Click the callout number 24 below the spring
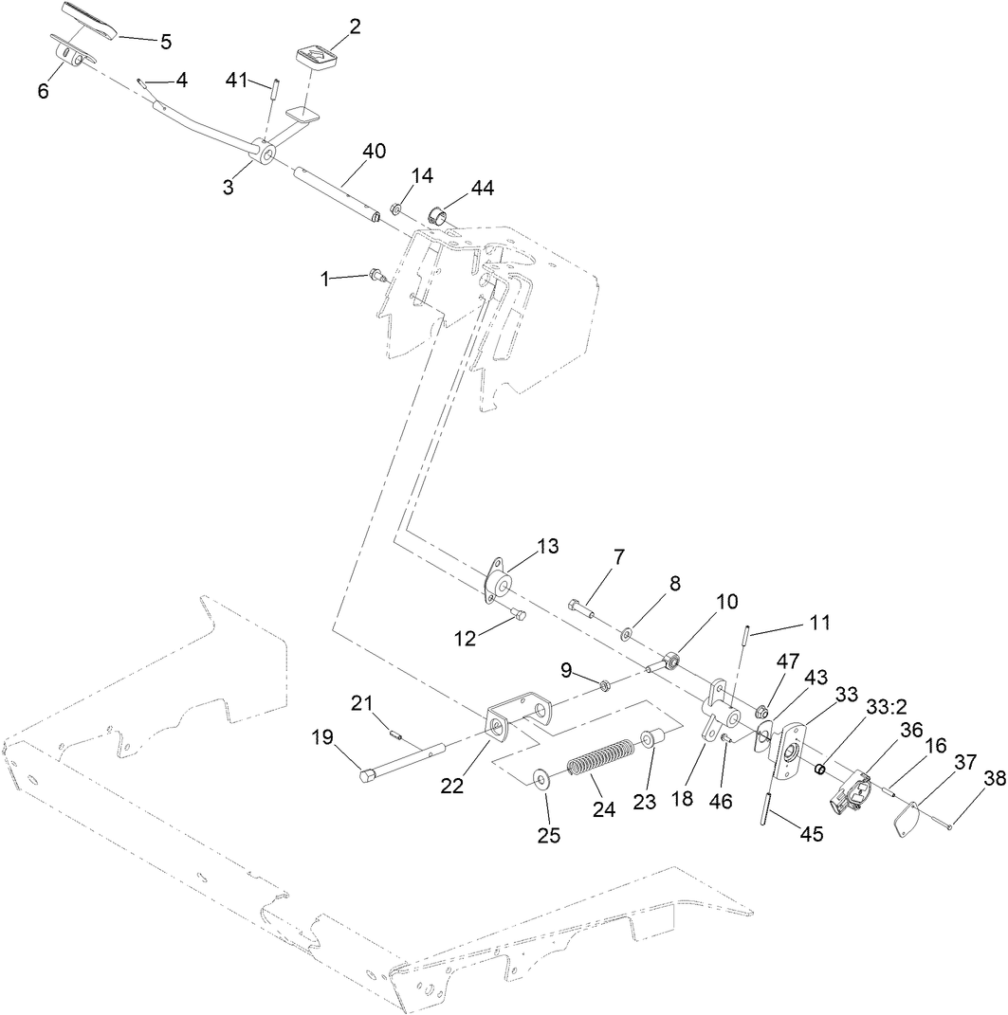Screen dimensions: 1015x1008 tap(603, 809)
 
